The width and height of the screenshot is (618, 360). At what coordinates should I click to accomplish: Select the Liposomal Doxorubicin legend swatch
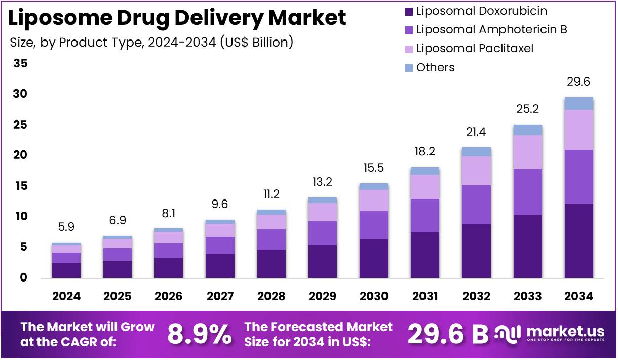pos(409,11)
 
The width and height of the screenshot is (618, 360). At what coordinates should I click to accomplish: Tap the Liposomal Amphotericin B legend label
pos(491,29)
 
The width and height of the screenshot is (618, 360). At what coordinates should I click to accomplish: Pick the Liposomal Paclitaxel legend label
pos(475,49)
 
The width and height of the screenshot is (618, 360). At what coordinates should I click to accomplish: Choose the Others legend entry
pos(435,67)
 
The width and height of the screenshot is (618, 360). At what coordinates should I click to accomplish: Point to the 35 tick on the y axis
pos(21,64)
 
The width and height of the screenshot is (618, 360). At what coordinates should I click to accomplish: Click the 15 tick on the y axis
pos(21,186)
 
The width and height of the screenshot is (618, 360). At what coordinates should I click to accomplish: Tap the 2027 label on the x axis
pos(220,297)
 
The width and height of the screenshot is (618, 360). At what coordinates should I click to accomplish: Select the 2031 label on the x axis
pos(424,297)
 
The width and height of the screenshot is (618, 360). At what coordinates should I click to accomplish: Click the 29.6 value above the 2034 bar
pos(578,82)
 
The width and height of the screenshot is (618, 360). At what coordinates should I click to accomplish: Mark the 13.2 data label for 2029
pos(322,182)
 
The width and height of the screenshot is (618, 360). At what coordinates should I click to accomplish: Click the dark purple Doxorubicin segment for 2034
pos(578,241)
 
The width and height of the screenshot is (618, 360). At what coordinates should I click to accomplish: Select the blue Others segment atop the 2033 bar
pos(527,130)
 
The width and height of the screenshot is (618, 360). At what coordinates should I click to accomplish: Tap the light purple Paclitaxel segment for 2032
pos(476,171)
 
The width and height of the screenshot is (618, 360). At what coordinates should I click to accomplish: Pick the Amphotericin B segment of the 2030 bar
pos(373,225)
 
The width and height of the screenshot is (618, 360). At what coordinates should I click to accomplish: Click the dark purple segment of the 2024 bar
pos(66,270)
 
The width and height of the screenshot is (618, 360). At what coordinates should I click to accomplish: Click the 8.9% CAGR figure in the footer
pos(199,334)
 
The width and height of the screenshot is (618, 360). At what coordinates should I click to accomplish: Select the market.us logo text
pos(565,332)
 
